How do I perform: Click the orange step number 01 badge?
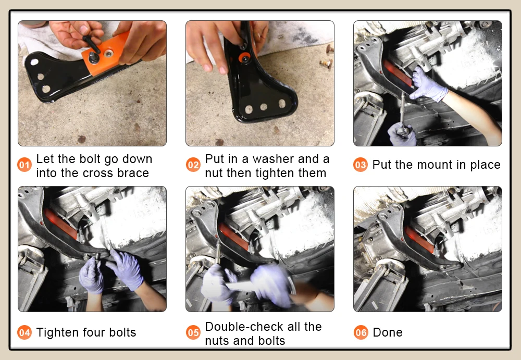24,165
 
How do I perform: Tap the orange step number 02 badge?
193,165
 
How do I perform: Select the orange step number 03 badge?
361,165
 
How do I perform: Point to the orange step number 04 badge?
24,332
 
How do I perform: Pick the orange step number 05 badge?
193,332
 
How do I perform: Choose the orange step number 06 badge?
361,332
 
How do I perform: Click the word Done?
388,332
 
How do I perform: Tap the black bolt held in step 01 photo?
92,44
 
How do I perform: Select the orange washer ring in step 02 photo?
244,58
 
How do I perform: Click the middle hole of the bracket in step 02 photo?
264,107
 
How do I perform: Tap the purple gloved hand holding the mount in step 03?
427,85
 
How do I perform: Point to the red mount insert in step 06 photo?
419,240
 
